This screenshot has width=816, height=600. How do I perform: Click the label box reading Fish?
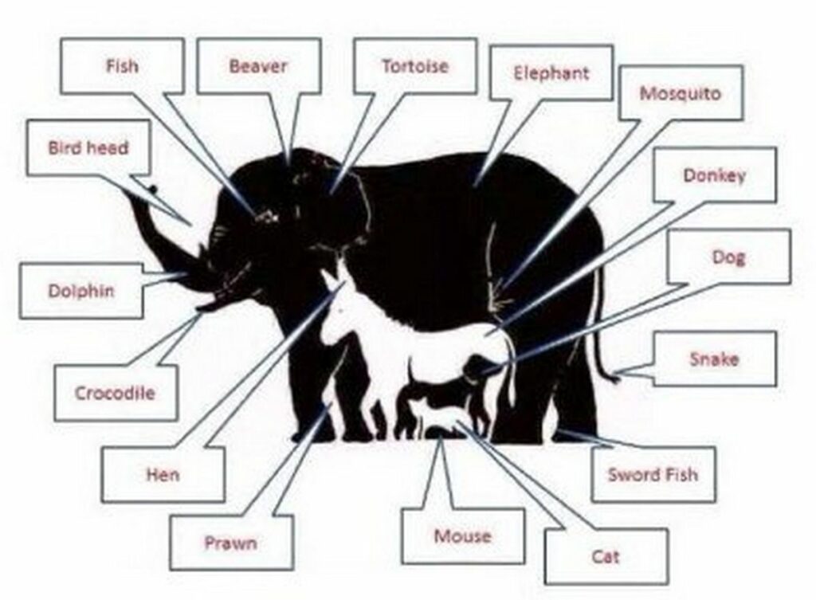pos(122,66)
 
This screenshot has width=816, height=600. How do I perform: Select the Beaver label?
pos(259,66)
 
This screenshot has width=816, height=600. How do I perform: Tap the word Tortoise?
pos(414,66)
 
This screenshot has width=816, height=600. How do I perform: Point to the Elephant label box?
pos(551,73)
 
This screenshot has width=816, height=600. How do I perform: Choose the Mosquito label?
pos(681,93)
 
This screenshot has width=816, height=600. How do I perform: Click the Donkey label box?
pos(715,175)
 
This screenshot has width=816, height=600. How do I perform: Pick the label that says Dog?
pos(728,257)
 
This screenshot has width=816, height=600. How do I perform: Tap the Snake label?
pos(715,359)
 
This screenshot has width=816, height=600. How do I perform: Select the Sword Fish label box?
pos(653,474)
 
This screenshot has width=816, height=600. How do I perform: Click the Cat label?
pos(606,557)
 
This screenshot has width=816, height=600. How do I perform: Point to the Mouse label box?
pos(463,536)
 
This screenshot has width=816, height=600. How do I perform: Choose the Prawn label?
pos(231,543)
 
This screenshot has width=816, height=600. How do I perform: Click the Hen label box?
pos(163,474)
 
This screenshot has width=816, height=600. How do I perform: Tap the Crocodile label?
pos(115,393)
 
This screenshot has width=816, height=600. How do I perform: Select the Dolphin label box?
pos(81,290)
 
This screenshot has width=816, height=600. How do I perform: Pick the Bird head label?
pos(88,147)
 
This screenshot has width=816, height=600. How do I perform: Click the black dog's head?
pos(477,371)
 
